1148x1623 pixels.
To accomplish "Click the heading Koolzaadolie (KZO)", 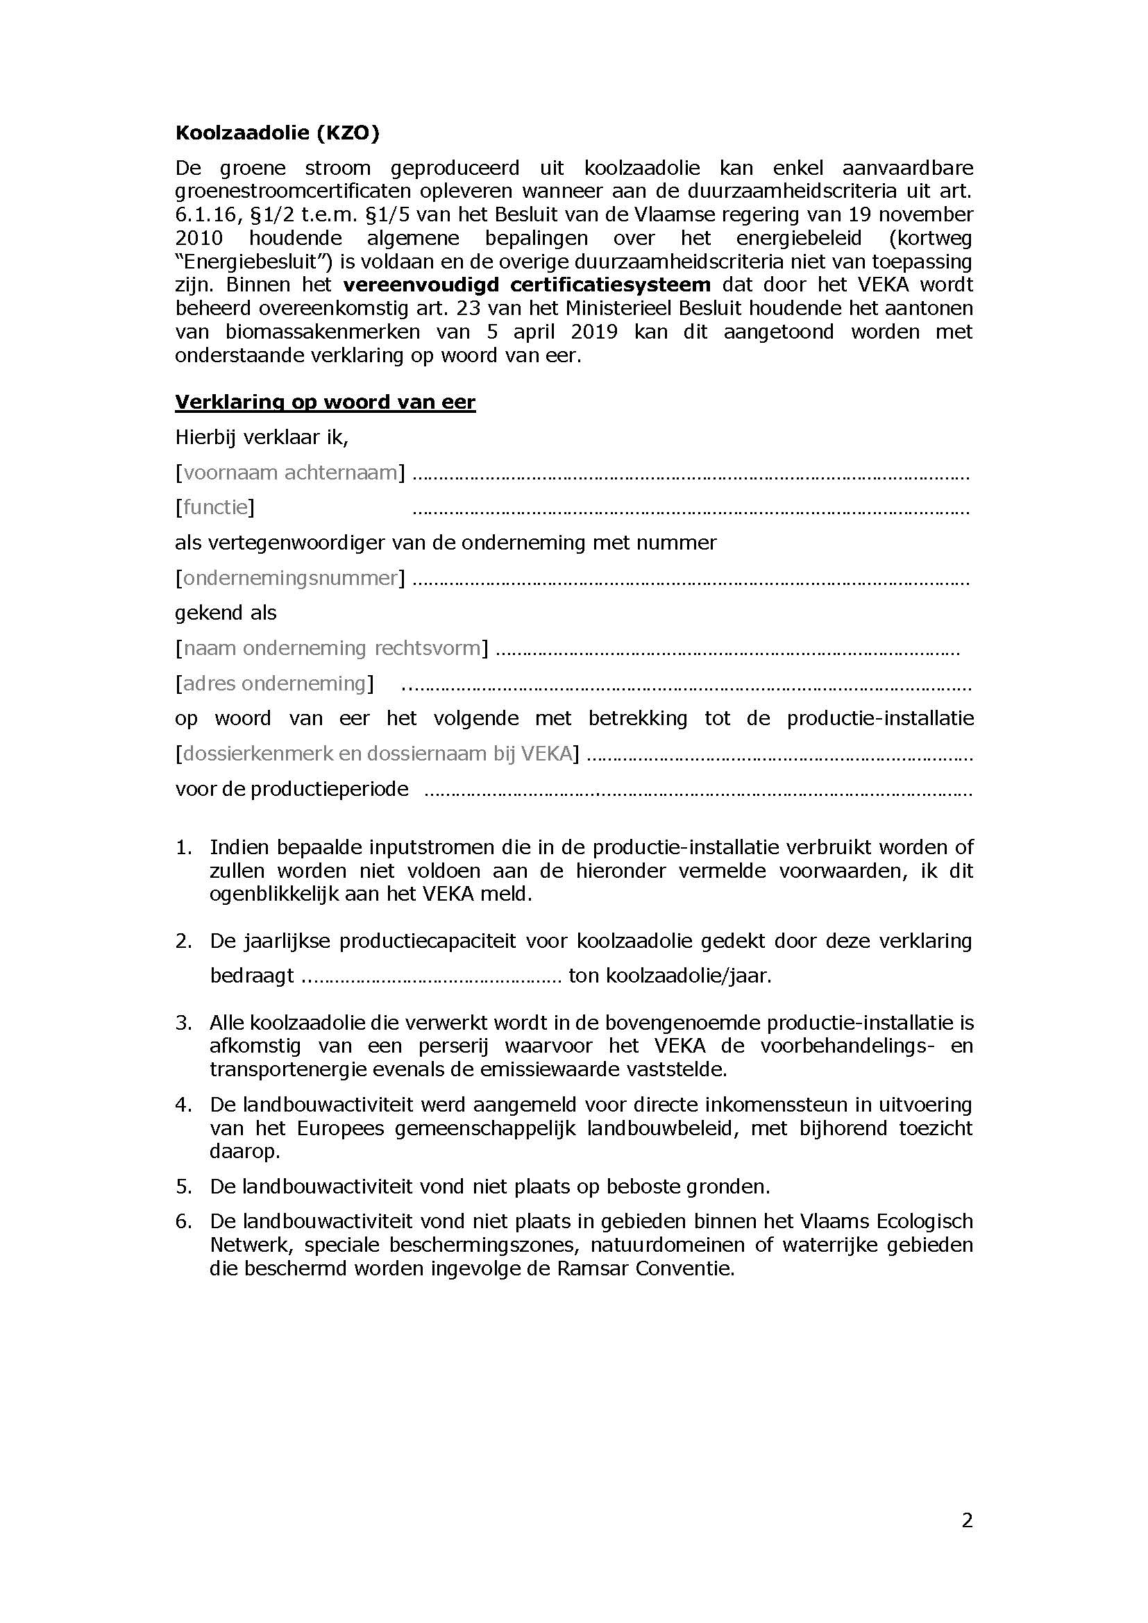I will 277,133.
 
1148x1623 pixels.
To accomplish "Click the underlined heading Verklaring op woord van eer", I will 325,402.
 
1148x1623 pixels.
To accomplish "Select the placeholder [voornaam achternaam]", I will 290,473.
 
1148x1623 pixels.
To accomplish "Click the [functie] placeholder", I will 215,507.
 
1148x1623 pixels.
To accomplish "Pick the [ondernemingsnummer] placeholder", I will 290,577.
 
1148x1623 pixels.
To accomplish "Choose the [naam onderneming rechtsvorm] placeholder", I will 332,647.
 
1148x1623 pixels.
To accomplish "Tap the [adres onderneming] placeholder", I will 274,683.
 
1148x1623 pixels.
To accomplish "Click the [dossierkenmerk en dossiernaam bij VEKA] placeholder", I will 377,754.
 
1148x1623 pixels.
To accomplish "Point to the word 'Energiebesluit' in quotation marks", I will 254,262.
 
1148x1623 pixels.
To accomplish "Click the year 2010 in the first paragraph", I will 199,238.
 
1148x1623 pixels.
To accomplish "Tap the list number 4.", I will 183,1104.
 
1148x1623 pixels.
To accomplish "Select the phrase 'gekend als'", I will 226,612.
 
